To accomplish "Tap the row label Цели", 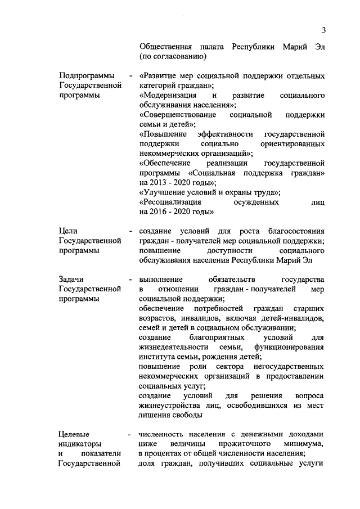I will (x=68, y=231).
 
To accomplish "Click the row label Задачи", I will (x=71, y=279).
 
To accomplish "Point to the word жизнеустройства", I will (x=173, y=405).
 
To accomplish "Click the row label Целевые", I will (x=73, y=434).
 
